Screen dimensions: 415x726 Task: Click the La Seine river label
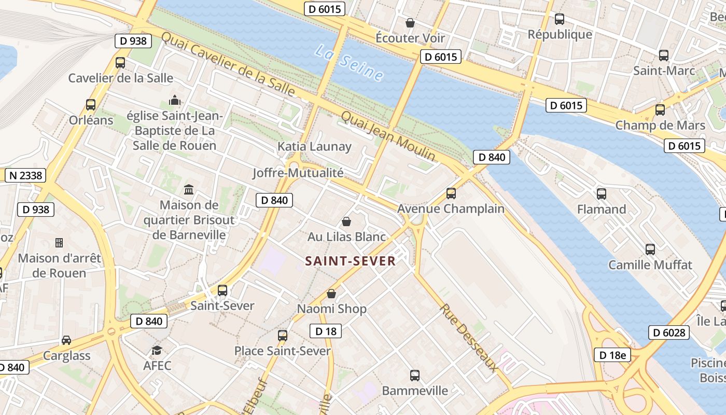pos(350,64)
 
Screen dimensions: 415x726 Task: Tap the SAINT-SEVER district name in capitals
pos(351,261)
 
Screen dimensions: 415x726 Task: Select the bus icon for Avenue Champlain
pos(451,193)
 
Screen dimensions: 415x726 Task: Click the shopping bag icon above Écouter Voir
pos(410,23)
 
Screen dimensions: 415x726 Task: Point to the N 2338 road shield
pos(25,175)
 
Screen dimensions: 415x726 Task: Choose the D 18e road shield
pos(612,355)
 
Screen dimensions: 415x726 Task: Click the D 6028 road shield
pos(668,332)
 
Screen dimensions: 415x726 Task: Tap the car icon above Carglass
pos(66,340)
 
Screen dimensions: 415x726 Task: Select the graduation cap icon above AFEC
pos(157,351)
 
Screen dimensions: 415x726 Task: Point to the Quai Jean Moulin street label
pos(388,136)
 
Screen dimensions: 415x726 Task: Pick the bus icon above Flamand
pos(602,194)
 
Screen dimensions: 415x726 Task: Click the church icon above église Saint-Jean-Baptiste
pos(175,100)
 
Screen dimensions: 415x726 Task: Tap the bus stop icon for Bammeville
pos(415,375)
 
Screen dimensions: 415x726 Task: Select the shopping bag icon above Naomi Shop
pos(331,294)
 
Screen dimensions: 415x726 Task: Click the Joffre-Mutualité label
pos(298,173)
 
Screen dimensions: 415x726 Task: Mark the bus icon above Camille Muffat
pos(650,250)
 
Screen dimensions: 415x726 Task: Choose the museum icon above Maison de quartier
pos(189,190)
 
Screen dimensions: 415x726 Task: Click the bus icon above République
pos(560,19)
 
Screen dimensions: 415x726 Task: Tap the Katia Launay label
pos(314,146)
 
